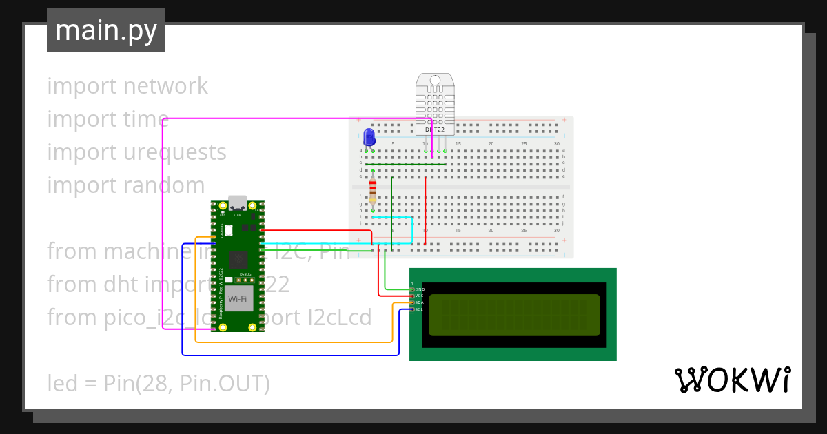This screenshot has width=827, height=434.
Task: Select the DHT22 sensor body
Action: (435, 103)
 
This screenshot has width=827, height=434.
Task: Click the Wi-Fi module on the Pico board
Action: (238, 298)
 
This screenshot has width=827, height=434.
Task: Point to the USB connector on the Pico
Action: (238, 203)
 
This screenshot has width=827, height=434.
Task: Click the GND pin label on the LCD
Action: (420, 289)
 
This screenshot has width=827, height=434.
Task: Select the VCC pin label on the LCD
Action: (419, 296)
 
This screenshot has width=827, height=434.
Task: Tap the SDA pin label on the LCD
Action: (419, 302)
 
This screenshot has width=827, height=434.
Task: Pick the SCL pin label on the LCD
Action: (419, 309)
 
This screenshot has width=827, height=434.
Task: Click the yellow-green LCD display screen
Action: (514, 315)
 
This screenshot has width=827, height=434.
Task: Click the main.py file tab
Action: (106, 30)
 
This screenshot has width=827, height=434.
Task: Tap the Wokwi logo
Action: (732, 380)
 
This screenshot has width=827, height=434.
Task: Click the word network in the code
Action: (165, 86)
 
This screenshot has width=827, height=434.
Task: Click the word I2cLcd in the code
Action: (338, 318)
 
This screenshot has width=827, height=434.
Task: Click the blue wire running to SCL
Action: (289, 355)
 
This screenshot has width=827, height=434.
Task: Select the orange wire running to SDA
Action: (289, 342)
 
